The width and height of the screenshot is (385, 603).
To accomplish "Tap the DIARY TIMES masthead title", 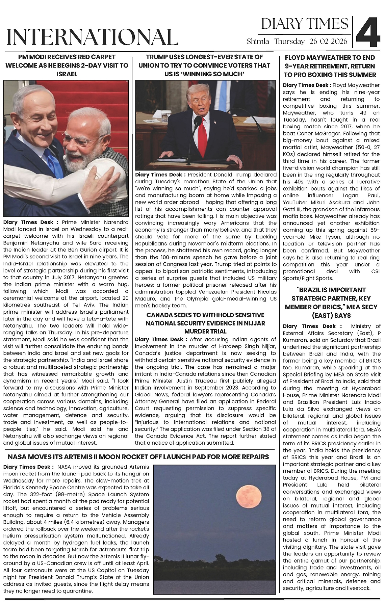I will point(305,24).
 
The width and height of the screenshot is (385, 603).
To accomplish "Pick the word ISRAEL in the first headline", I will point(67,74).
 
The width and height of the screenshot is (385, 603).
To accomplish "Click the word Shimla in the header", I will point(258,42).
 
